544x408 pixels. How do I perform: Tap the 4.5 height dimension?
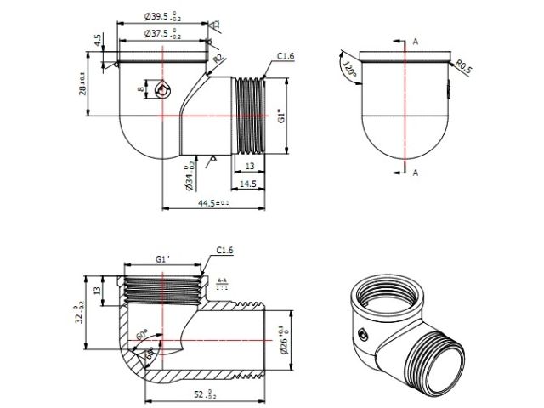99,40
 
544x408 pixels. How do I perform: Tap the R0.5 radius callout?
462,65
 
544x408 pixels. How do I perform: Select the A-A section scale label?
222,283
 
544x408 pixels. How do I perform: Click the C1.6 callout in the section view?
224,250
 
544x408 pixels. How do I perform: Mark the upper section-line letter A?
415,40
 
